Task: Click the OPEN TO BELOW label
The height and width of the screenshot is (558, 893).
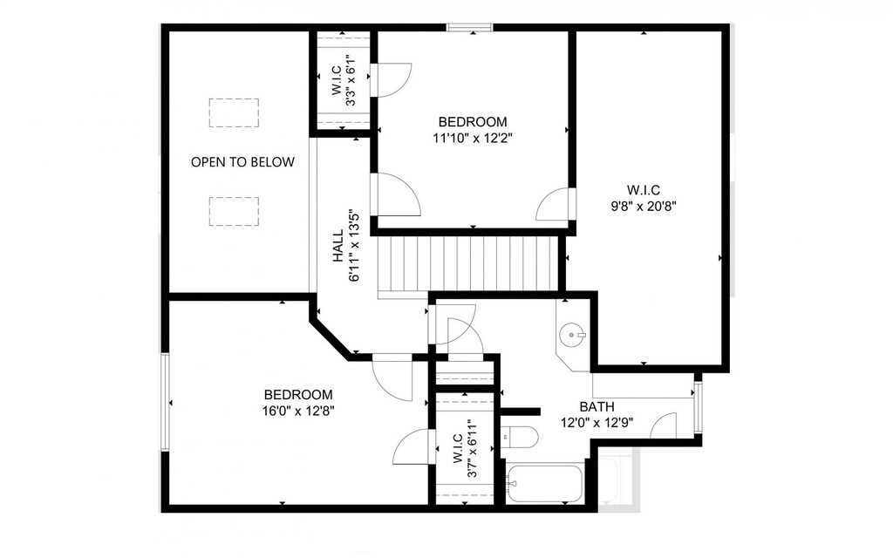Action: (x=242, y=162)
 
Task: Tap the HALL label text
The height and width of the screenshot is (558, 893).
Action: (x=338, y=245)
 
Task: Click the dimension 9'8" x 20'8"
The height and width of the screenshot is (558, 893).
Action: (x=644, y=206)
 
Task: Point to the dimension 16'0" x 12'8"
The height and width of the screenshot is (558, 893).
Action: (x=298, y=411)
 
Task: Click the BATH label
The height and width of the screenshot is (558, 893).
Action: (x=596, y=406)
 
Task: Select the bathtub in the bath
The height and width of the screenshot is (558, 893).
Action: (x=545, y=484)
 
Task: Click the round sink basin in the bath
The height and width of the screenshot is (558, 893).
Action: (x=571, y=335)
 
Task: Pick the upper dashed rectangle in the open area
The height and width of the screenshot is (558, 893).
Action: (x=234, y=112)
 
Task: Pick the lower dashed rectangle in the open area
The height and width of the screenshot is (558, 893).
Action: (x=234, y=211)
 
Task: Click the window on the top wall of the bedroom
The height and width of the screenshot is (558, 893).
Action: (x=469, y=27)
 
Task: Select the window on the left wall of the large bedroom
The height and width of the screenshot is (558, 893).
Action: (x=165, y=402)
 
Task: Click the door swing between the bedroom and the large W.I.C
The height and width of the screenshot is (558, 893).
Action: (x=553, y=204)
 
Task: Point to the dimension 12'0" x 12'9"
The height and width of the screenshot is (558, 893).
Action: (x=596, y=423)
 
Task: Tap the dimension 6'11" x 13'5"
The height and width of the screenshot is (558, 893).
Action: (x=355, y=245)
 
